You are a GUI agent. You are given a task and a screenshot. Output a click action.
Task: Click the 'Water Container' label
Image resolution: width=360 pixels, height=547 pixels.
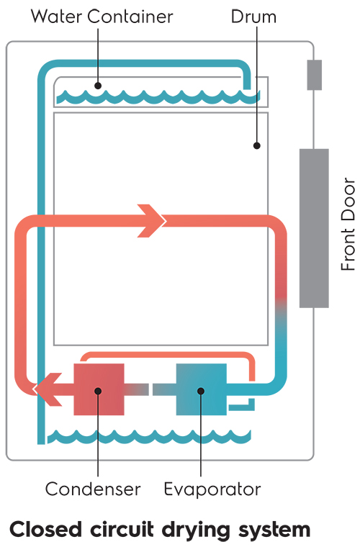pos(102,17)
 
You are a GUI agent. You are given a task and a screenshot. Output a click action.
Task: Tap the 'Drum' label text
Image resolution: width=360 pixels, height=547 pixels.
pos(253,17)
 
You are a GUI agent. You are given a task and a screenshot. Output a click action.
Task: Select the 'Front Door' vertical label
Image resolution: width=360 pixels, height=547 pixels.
pos(348,224)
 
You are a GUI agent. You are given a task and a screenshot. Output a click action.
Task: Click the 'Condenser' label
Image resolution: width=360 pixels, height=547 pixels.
pos(93,489)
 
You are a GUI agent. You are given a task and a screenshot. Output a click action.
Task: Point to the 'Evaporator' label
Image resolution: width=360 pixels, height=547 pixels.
pos(212,489)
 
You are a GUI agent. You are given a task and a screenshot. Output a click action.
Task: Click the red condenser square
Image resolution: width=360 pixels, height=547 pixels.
pos(99,389)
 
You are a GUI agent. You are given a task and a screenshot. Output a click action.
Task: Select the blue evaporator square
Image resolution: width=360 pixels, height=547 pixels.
pos(202,389)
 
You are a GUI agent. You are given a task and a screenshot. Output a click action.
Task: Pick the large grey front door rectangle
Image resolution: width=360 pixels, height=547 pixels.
pos(314,228)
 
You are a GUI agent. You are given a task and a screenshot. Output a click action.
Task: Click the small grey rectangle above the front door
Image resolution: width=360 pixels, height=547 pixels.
pos(315,75)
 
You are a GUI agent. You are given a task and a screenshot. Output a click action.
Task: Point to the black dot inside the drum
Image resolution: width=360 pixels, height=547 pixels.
pos(257,145)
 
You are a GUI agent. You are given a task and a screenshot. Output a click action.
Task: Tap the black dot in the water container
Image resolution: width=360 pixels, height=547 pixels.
pos(98,85)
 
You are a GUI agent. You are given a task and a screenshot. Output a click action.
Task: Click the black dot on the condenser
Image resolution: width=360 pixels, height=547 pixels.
pos(98,391)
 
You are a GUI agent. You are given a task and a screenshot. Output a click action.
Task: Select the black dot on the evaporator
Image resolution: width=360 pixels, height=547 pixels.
pos(201,391)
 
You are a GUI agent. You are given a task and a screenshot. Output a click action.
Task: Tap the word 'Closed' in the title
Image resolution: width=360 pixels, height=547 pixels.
pos(46,529)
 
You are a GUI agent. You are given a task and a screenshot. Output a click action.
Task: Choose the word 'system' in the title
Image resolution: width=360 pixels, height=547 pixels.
pos(274,531)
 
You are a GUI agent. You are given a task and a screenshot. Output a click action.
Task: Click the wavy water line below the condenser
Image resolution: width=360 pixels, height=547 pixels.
pos(149,437)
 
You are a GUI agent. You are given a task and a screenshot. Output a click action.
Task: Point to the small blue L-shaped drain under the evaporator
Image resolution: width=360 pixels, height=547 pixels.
pos(242,406)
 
